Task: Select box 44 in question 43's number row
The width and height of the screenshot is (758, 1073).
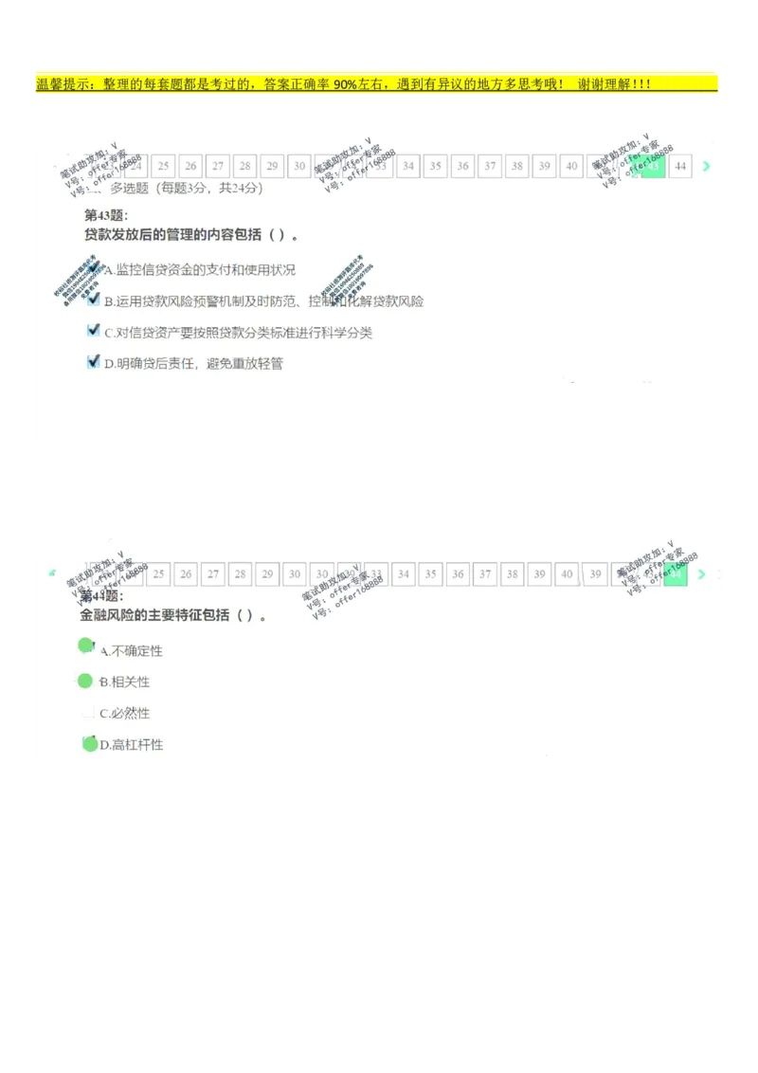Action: pyautogui.click(x=680, y=167)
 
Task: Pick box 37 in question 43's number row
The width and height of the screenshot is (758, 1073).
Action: pyautogui.click(x=489, y=167)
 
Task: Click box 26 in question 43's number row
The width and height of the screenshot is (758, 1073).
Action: pyautogui.click(x=190, y=167)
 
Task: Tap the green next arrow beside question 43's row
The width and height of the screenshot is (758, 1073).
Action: pyautogui.click(x=706, y=167)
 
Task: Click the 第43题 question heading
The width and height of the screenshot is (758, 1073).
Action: pyautogui.click(x=106, y=215)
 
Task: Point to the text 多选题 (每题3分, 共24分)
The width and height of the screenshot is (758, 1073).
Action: pyautogui.click(x=187, y=188)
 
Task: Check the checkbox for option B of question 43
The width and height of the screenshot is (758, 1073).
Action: pyautogui.click(x=93, y=300)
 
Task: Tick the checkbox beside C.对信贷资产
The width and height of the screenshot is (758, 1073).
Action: pyautogui.click(x=93, y=331)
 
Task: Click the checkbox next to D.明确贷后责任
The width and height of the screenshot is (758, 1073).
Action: pyautogui.click(x=93, y=361)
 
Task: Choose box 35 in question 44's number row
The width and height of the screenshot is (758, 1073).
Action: pyautogui.click(x=431, y=574)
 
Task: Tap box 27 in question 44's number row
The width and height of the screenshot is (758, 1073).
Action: pyautogui.click(x=213, y=574)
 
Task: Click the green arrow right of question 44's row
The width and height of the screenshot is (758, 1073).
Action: pyautogui.click(x=702, y=574)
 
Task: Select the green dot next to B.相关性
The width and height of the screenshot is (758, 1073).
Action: pyautogui.click(x=84, y=681)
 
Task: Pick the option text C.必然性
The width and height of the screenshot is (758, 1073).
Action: pyautogui.click(x=125, y=714)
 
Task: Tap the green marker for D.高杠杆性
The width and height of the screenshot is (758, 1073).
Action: pyautogui.click(x=90, y=744)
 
